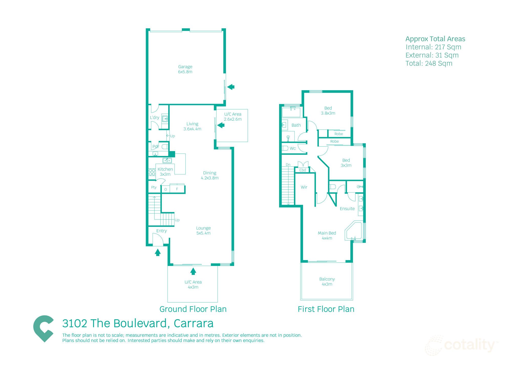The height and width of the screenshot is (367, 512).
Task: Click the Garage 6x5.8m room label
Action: click(185, 69)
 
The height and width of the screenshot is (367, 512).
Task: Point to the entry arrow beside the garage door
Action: click(231, 87)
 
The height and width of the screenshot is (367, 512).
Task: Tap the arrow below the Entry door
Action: click(158, 252)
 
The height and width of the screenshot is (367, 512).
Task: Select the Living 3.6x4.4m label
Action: click(192, 126)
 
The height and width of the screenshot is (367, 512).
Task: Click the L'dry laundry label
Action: click(154, 117)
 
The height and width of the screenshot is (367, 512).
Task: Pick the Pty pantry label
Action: click(154, 187)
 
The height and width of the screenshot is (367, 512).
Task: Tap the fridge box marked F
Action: click(177, 189)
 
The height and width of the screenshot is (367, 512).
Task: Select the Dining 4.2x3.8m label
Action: click(210, 175)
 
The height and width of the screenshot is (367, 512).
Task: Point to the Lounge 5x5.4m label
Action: click(204, 230)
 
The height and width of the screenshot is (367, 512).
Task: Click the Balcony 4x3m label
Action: click(327, 282)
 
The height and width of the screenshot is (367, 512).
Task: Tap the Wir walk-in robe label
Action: click(304, 187)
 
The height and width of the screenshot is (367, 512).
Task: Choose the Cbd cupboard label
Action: click(303, 170)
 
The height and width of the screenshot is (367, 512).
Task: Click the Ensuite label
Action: click(347, 209)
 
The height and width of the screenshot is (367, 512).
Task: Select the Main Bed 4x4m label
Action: click(327, 236)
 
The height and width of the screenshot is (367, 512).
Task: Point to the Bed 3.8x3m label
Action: click(328, 110)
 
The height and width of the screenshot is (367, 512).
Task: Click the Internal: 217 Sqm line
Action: click(433, 47)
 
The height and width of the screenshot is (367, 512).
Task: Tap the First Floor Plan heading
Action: click(326, 309)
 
